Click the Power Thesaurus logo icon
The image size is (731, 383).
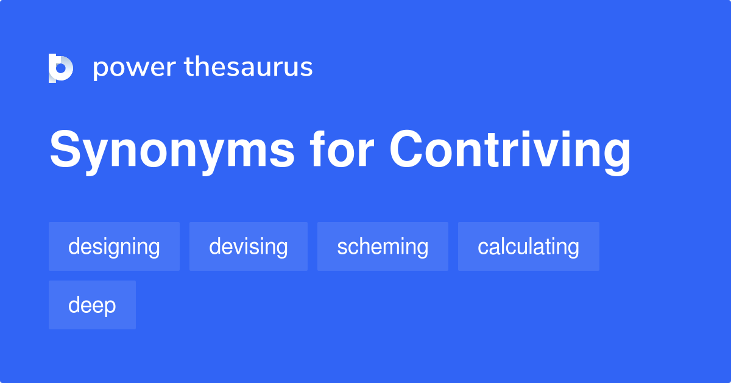tap(61, 68)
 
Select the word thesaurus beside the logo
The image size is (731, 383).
tap(249, 68)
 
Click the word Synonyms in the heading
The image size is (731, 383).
tap(172, 150)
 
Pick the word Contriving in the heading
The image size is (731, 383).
tap(510, 150)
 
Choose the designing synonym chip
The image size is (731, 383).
tap(114, 246)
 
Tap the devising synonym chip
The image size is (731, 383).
tap(249, 246)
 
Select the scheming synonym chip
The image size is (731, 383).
tap(383, 246)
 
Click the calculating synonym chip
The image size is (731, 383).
tap(528, 246)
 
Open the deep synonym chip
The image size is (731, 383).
tap(92, 305)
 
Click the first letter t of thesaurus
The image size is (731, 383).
tap(189, 67)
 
